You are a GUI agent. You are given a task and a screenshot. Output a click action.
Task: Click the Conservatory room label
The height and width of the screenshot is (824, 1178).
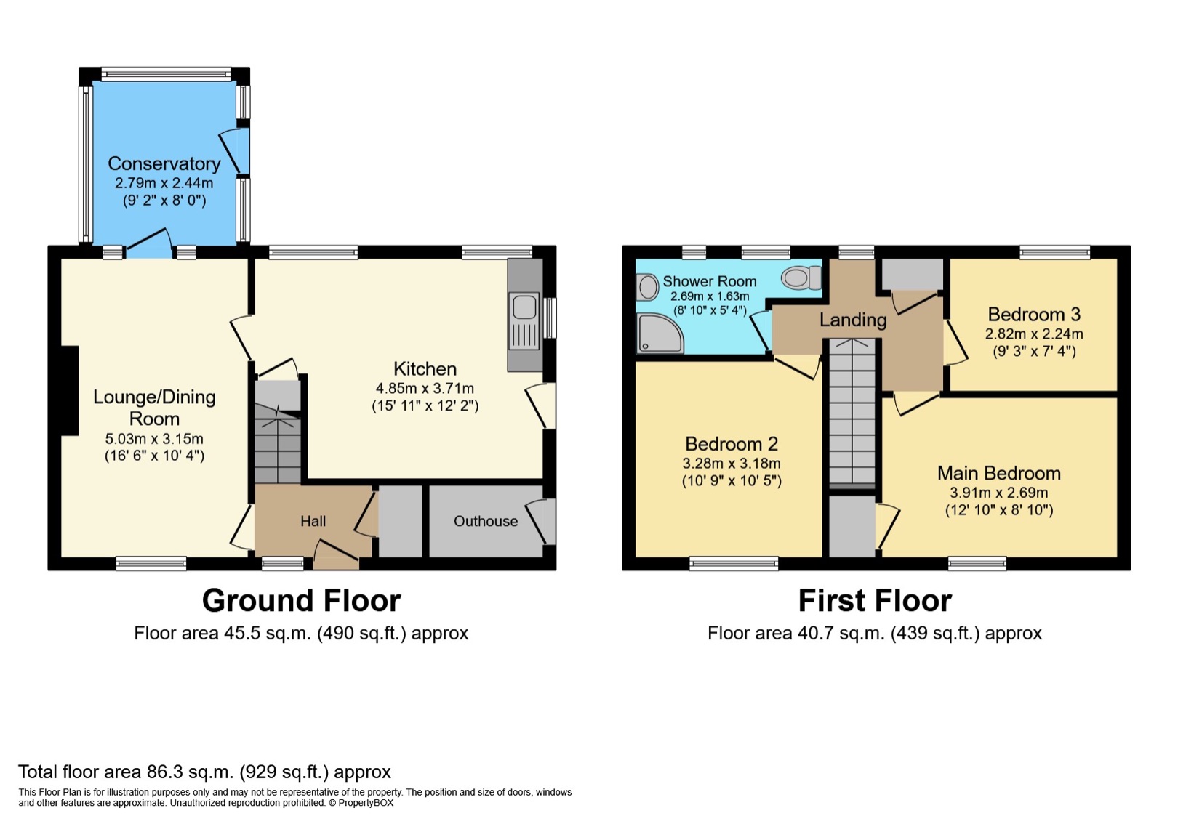tap(164, 164)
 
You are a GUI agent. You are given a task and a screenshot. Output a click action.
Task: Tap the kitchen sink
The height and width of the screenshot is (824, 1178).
tap(524, 321)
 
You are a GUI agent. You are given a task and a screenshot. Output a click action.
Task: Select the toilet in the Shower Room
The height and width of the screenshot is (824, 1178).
tap(801, 278)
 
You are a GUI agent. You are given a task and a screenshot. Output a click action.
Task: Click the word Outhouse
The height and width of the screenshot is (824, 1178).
tap(486, 521)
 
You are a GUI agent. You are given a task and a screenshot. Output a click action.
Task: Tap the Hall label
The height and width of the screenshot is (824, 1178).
tap(313, 521)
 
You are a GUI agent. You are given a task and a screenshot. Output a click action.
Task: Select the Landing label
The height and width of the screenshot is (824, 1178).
tap(853, 320)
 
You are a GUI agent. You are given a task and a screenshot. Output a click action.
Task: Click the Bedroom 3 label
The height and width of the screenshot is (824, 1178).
tap(1034, 314)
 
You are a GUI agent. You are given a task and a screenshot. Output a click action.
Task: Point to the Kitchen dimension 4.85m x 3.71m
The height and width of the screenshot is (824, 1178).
tap(425, 388)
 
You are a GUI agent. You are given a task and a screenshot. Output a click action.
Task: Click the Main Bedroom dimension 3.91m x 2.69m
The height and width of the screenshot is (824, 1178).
tap(998, 493)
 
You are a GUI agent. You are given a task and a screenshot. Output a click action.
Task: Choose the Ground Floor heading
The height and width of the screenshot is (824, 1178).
tap(301, 600)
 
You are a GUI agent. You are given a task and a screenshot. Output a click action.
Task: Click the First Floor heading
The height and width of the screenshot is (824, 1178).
tap(875, 600)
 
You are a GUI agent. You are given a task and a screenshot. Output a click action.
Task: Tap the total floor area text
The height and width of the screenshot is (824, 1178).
tap(204, 772)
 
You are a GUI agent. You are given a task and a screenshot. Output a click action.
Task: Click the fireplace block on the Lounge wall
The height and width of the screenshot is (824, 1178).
tap(70, 390)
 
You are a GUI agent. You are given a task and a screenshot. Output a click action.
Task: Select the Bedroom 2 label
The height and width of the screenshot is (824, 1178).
tap(732, 444)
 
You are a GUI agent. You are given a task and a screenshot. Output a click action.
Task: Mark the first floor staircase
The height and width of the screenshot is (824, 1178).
tap(852, 413)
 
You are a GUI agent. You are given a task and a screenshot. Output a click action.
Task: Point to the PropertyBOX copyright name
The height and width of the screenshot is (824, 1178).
tap(366, 803)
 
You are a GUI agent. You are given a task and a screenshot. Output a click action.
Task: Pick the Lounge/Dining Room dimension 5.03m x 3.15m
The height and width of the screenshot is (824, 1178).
tap(154, 439)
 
